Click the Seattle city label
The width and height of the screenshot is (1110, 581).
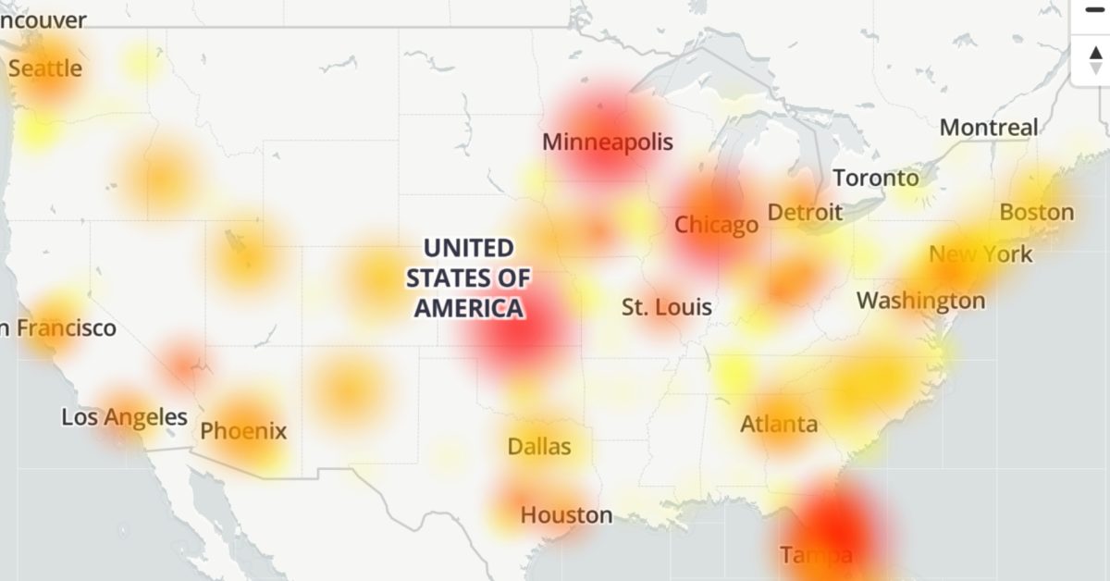[x=45, y=68]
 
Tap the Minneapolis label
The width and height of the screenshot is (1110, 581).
[x=608, y=142]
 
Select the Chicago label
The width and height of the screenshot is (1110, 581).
[x=716, y=225]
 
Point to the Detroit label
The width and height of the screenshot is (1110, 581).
[x=805, y=212]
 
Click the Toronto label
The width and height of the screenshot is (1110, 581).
[x=876, y=178]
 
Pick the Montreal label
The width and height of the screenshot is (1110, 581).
[x=989, y=128]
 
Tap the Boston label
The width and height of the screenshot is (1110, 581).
[x=1037, y=212]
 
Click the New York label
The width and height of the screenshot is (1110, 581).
[x=980, y=253]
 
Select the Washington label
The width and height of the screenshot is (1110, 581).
[x=920, y=301]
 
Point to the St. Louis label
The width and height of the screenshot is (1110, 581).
[x=667, y=306]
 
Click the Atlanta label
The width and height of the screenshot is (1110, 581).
[x=779, y=424]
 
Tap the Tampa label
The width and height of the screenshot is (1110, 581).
[x=815, y=555]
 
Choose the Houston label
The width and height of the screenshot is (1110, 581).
[x=566, y=514]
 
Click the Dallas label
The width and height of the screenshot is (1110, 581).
[x=539, y=447]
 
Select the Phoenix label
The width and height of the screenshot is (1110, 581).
[x=243, y=430]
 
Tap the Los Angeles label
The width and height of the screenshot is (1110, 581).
[x=125, y=417]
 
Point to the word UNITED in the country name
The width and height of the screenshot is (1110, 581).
[x=469, y=248]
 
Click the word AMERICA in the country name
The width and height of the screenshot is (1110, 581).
[x=469, y=308]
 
